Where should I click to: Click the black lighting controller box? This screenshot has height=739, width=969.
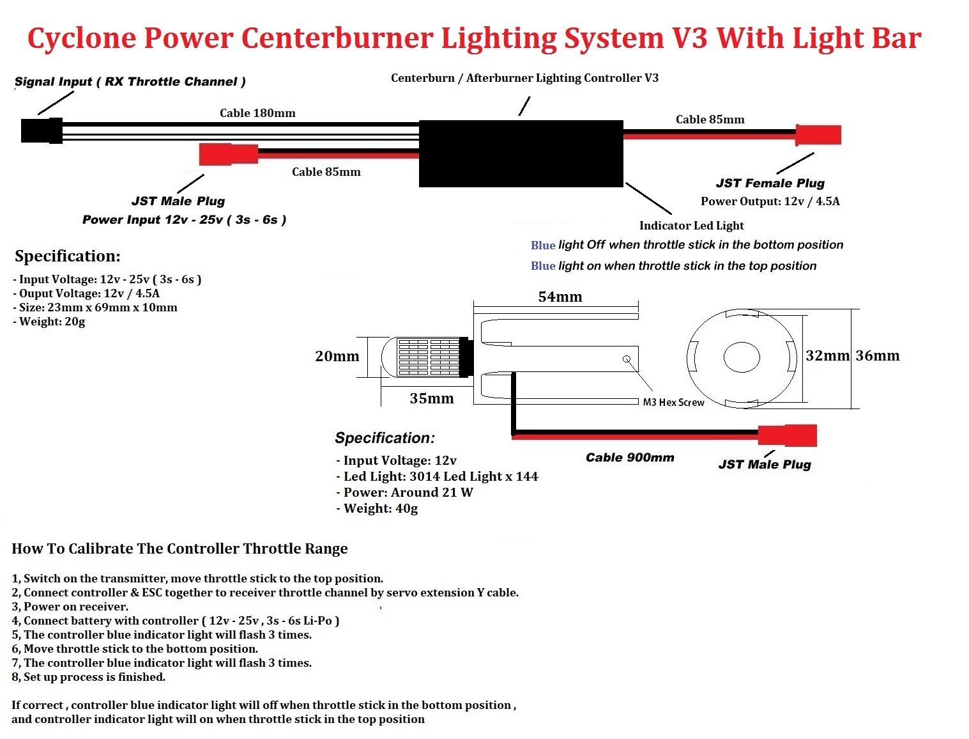[x=521, y=153]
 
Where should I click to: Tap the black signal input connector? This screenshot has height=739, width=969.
[x=42, y=130]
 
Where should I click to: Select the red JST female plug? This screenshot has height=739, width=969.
[x=818, y=135]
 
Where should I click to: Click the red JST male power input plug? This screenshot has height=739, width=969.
[x=228, y=154]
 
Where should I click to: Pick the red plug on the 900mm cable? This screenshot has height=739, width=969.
[x=787, y=435]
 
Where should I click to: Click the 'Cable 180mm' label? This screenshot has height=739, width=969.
[x=257, y=113]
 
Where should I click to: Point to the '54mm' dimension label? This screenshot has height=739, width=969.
[x=560, y=297]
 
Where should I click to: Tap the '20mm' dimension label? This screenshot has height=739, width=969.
[x=337, y=356]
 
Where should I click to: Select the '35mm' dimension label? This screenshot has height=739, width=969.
[x=431, y=398]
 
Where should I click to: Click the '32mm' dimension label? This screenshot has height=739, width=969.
[x=827, y=355]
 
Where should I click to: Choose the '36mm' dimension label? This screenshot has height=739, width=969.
[x=877, y=355]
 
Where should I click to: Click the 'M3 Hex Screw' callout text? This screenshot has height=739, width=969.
[x=673, y=402]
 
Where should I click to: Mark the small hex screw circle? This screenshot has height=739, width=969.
[x=627, y=359]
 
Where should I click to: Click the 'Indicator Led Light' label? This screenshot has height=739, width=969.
[x=691, y=226]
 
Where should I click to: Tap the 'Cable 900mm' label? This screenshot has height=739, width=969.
[x=630, y=457]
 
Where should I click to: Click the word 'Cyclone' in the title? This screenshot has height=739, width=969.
[x=82, y=39]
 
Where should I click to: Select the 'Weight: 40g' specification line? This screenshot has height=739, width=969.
[x=377, y=508]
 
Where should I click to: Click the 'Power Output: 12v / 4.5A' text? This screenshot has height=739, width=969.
[x=770, y=201]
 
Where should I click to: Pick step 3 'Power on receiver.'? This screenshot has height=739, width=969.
[x=70, y=607]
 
